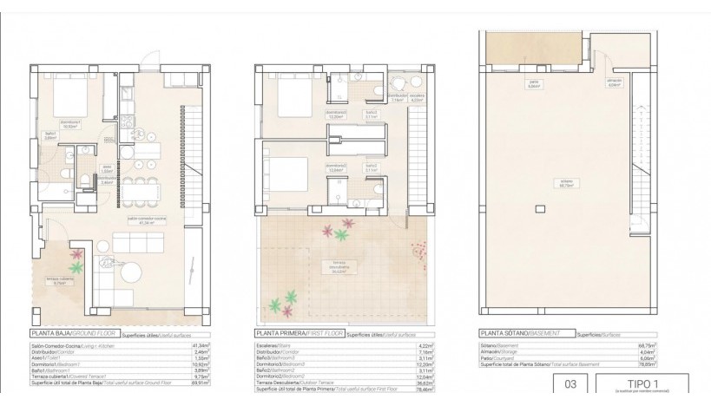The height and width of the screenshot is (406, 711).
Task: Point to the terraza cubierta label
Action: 58,279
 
